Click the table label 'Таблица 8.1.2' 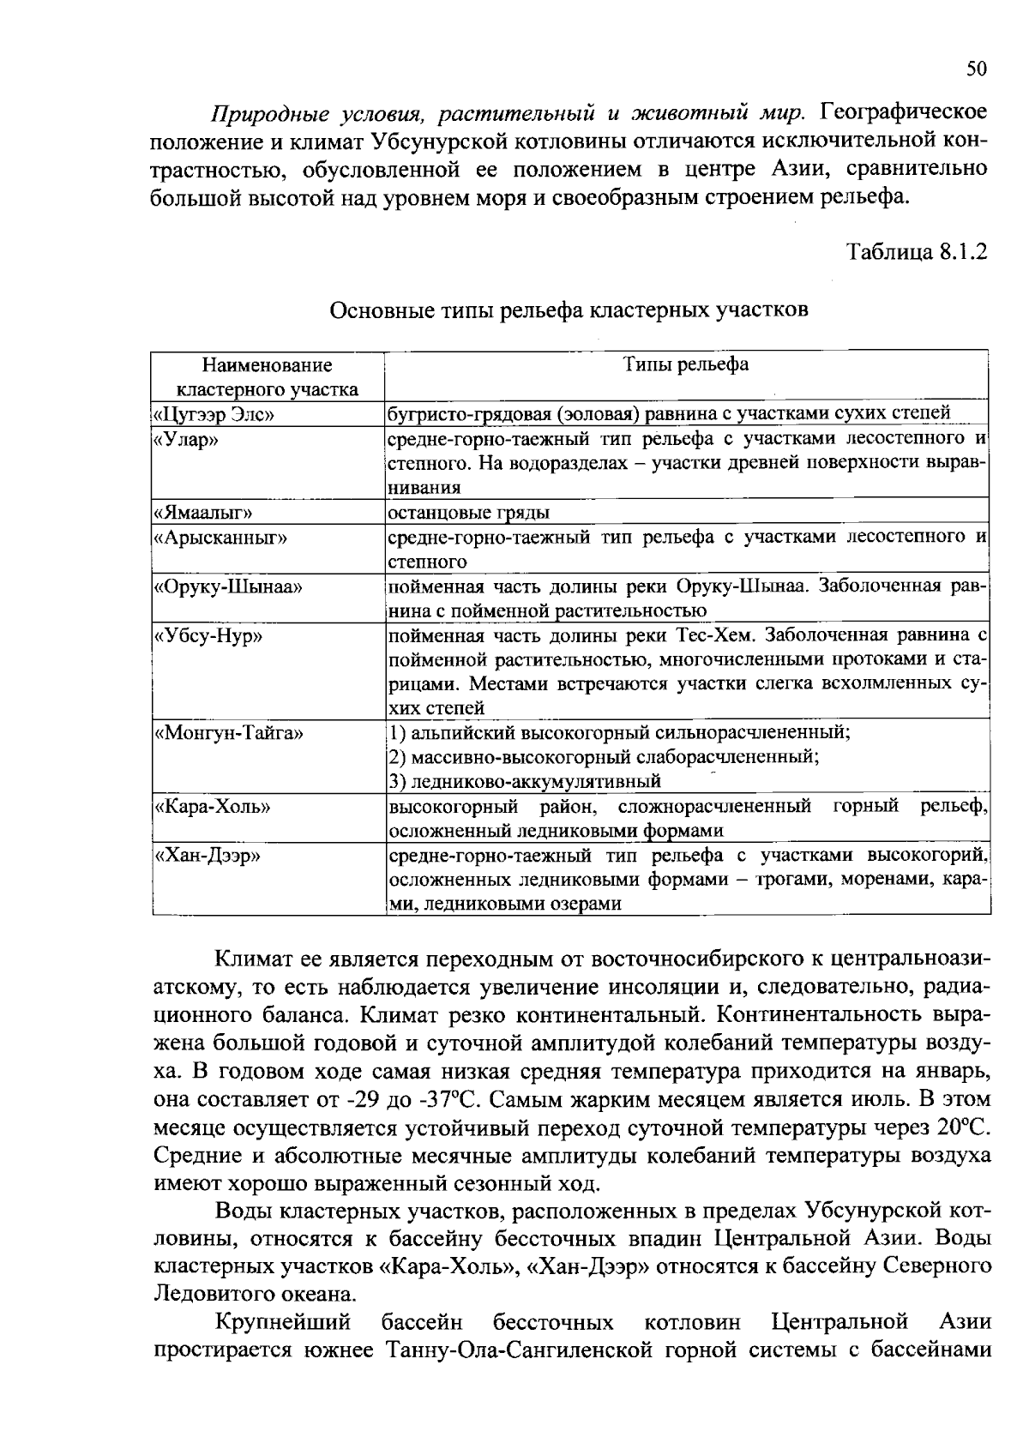(917, 252)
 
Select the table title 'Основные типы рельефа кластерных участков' (569, 310)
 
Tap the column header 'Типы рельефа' (685, 364)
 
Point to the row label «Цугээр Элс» (214, 414)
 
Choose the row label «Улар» (185, 439)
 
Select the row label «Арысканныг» (220, 538)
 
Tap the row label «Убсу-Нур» (207, 636)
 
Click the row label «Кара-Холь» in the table (211, 807)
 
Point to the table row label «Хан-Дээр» (207, 856)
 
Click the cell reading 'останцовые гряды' (469, 513)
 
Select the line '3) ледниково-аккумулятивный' (525, 781)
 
